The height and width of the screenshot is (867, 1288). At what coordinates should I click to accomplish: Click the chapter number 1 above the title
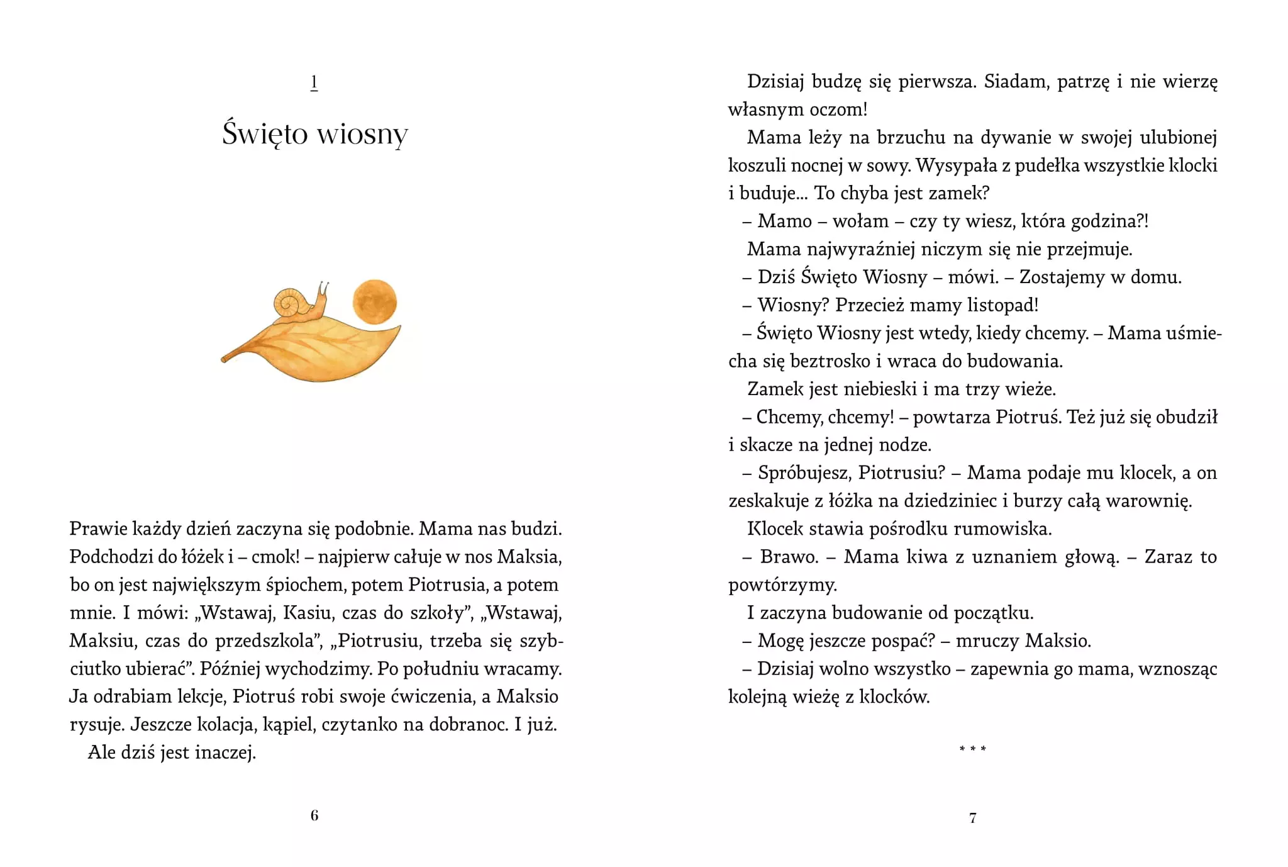tap(314, 82)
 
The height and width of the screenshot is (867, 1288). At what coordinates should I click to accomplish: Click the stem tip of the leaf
tap(224, 359)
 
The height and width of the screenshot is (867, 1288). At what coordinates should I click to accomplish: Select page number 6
tap(314, 815)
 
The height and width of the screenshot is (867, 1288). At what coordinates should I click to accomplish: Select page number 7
tap(973, 818)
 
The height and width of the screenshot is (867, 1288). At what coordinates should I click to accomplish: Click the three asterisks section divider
tap(973, 749)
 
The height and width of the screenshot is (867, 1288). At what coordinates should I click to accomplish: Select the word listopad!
tap(1002, 305)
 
